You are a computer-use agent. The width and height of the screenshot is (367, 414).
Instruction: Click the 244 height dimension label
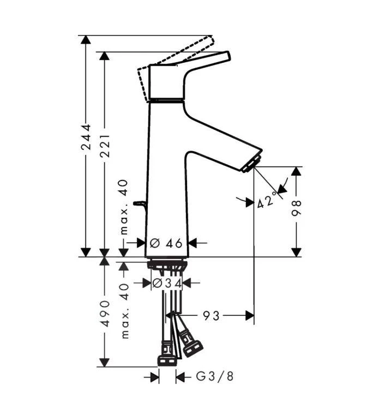(86, 141)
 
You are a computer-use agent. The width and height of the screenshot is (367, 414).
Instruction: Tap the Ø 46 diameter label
(166, 243)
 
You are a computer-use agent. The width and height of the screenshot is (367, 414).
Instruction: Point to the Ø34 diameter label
(166, 283)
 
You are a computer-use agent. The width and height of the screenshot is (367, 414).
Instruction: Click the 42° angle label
(267, 202)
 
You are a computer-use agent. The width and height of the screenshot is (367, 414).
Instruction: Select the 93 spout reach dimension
(212, 315)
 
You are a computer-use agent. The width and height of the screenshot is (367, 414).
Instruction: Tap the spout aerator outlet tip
(253, 163)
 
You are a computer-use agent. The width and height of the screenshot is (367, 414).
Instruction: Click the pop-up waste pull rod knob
(141, 204)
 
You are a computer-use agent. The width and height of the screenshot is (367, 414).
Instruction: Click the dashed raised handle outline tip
(209, 40)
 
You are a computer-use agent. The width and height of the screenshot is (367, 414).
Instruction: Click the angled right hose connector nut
(192, 347)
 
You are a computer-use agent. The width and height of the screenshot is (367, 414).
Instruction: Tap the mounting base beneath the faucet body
(167, 264)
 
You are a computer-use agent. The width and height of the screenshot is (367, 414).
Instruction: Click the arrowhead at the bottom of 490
(104, 362)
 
